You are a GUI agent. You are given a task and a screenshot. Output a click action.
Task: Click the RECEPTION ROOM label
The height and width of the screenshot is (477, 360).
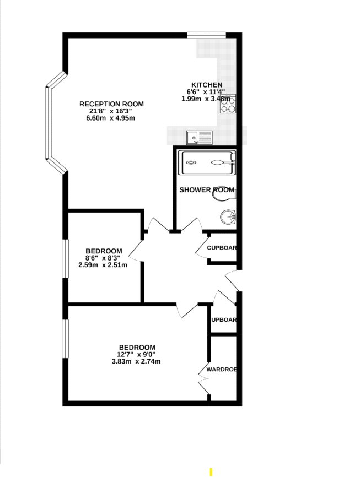(x=111, y=104)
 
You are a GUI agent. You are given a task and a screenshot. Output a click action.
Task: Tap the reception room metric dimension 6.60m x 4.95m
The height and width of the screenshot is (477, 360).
(x=111, y=118)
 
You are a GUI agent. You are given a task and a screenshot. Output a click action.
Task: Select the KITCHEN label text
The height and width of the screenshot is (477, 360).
(x=203, y=85)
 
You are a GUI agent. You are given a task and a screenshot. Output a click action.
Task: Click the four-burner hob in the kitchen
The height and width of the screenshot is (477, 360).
(x=228, y=104)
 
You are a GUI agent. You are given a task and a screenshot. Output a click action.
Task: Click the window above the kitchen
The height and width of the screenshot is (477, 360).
(x=206, y=36)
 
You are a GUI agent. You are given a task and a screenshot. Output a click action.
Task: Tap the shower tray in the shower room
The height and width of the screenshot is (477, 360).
(x=207, y=162)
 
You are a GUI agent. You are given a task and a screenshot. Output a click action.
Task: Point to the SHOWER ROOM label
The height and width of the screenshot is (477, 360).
(x=207, y=190)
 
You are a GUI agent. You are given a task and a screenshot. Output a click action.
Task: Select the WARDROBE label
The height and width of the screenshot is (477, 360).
(x=222, y=369)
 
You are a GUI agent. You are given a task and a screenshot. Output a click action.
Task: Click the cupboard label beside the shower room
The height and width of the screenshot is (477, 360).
(x=222, y=248)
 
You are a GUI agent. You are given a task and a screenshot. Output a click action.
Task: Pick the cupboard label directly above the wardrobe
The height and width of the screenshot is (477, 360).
(x=223, y=320)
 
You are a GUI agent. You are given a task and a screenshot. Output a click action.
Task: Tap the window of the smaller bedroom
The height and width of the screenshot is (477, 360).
(x=65, y=258)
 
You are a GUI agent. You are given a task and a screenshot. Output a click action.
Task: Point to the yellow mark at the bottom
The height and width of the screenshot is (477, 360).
(x=210, y=471)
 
